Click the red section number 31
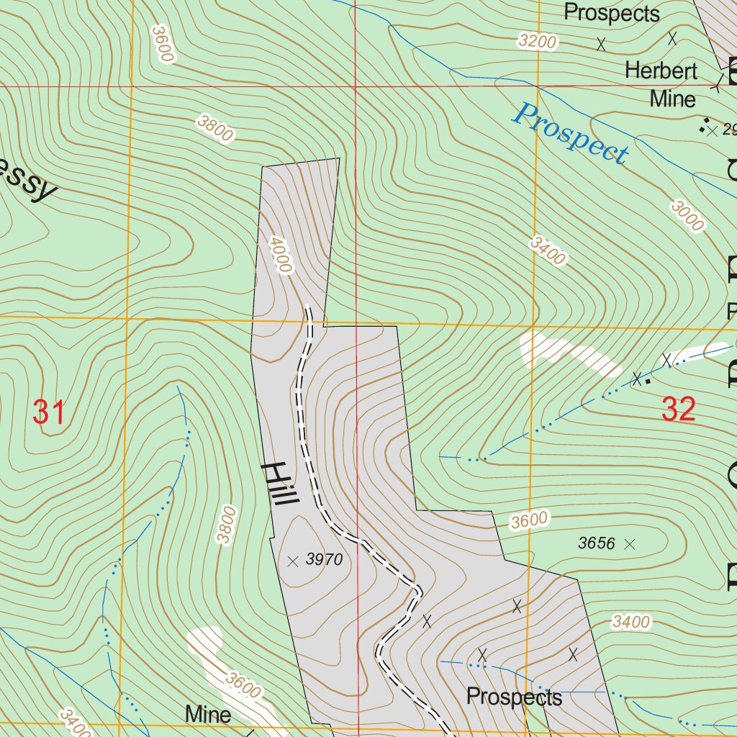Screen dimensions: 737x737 pos(49,413)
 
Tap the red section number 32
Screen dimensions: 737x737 pos(679,409)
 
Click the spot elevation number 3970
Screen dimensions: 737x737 pos(322,559)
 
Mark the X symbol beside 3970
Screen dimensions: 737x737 pos(292,561)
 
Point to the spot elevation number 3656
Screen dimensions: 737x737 pos(597,543)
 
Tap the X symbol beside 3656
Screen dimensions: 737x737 pos(630,544)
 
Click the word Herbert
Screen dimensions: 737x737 pos(661,71)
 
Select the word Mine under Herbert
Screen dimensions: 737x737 pos(672,99)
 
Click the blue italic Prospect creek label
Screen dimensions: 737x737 pos(570,134)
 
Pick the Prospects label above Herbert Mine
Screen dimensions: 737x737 pos(611,13)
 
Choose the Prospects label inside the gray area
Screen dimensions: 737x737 pos(514,697)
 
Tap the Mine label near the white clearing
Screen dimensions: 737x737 pos(208,714)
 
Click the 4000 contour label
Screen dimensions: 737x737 pos(281,254)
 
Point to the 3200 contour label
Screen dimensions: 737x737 pos(537,42)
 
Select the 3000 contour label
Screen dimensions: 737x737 pos(687,216)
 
